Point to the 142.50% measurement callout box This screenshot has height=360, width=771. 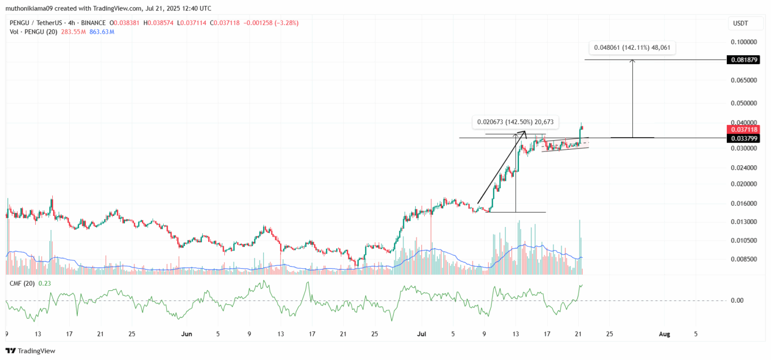tap(516, 122)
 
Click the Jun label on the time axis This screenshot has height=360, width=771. tap(187, 333)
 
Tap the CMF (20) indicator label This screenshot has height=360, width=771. tap(22, 283)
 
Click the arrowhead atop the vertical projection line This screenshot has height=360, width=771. tap(632, 61)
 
